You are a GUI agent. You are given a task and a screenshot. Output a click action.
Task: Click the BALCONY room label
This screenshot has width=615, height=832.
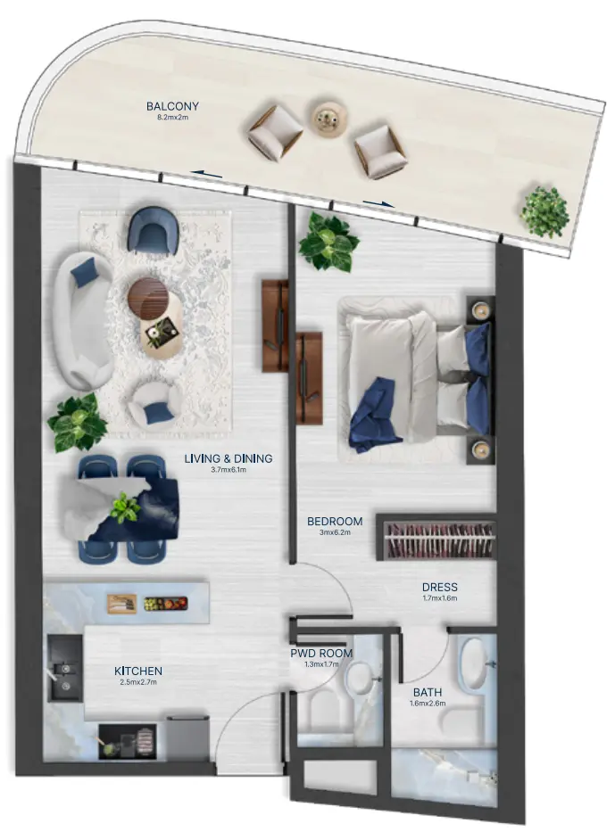tap(172, 106)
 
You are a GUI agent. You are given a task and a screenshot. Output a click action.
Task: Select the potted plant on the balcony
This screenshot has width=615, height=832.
tap(544, 211)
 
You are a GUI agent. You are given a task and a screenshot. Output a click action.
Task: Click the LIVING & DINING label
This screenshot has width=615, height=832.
tap(229, 458)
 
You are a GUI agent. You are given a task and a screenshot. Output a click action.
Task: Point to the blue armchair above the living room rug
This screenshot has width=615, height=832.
tap(152, 229)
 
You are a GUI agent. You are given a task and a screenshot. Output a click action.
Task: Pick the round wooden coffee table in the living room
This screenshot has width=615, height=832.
tap(149, 297)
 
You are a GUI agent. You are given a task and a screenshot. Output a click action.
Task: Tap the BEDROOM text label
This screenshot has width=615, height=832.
tap(335, 522)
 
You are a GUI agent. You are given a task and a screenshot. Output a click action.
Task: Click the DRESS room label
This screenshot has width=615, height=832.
tap(439, 588)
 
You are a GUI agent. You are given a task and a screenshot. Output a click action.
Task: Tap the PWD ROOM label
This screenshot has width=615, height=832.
tap(321, 653)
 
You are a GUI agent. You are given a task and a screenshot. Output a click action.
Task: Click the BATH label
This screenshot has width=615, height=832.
tap(428, 692)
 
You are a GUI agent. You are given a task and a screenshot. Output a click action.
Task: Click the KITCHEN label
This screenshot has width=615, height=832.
tap(137, 671)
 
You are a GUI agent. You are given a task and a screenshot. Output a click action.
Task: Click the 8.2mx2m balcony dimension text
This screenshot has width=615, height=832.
tap(172, 118)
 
